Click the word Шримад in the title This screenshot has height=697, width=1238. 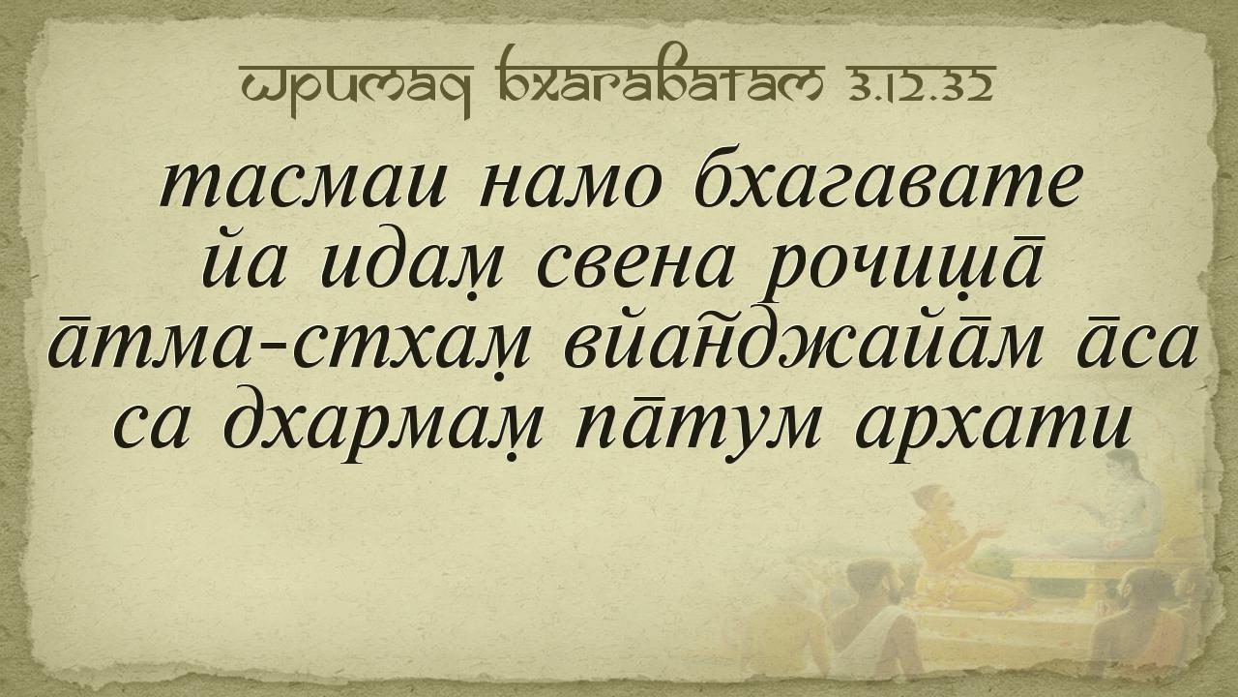[356, 88]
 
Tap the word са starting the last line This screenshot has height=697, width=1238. [148, 429]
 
